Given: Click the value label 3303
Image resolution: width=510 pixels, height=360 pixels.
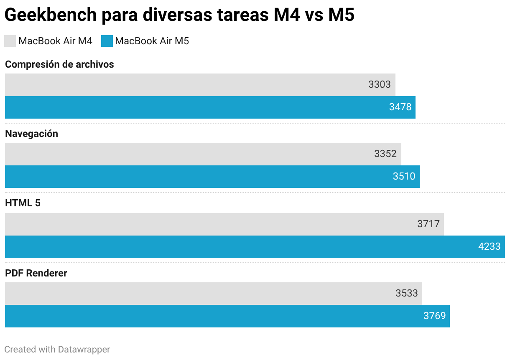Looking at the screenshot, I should click(379, 84).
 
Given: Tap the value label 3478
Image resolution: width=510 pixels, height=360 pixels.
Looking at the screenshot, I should click(400, 107).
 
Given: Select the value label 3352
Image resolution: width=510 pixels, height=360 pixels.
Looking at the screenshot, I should click(385, 154).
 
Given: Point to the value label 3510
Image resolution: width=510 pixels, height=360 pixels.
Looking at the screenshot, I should click(404, 176).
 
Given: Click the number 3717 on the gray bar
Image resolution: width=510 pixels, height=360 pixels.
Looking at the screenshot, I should click(428, 224).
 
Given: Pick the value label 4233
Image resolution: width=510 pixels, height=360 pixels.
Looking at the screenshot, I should click(489, 246).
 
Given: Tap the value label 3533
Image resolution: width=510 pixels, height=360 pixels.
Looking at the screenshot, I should click(407, 293).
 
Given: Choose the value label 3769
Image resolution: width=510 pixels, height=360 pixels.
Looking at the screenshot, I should click(434, 316).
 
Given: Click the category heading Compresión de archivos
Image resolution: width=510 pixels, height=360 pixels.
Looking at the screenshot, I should click(59, 64).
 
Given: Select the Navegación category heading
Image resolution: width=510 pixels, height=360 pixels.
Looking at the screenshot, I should click(31, 134).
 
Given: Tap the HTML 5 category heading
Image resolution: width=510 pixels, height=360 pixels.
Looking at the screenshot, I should click(23, 203).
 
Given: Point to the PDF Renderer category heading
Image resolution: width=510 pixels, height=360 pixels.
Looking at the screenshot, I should click(36, 273).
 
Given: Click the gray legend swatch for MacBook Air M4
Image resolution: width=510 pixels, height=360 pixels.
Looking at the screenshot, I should click(10, 41).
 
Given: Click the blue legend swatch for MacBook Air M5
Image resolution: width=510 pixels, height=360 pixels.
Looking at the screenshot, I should click(107, 41).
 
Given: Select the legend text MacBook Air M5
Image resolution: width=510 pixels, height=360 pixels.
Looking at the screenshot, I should click(152, 41).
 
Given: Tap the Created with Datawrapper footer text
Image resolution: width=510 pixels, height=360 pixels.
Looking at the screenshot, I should click(57, 349).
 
